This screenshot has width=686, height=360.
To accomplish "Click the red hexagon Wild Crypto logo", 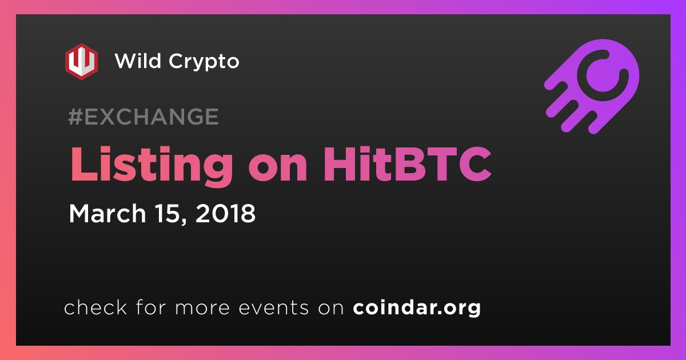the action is [x=81, y=62].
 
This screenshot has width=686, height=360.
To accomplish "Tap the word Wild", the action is [x=138, y=61].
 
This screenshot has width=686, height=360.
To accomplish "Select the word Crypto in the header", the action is [x=204, y=63].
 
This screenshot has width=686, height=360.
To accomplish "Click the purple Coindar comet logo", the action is [x=592, y=86].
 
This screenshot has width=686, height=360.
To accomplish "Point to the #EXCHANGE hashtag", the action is [x=143, y=117].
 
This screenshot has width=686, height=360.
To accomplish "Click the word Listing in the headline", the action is [x=151, y=165].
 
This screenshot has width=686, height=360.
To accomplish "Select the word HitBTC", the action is [x=407, y=164].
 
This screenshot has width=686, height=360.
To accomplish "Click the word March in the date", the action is [x=107, y=213].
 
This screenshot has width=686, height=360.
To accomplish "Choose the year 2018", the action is [x=225, y=213].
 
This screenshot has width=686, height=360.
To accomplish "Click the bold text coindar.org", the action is [x=417, y=307].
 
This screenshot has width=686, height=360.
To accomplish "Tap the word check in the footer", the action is [x=95, y=307].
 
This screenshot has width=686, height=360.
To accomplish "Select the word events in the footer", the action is [x=273, y=308].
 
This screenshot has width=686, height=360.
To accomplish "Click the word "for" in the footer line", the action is [x=151, y=307].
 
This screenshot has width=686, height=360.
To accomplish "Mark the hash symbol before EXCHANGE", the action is [x=75, y=117].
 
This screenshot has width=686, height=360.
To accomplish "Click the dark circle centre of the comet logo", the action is [x=603, y=75].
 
